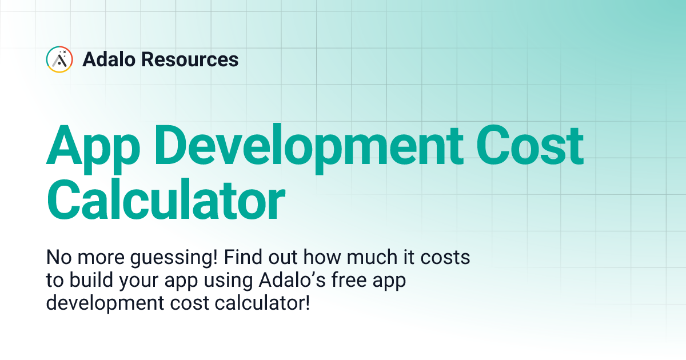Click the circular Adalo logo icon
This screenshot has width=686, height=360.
tap(59, 59)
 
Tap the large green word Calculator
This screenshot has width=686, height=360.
tap(166, 201)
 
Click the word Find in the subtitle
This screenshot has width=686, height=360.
tap(246, 257)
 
